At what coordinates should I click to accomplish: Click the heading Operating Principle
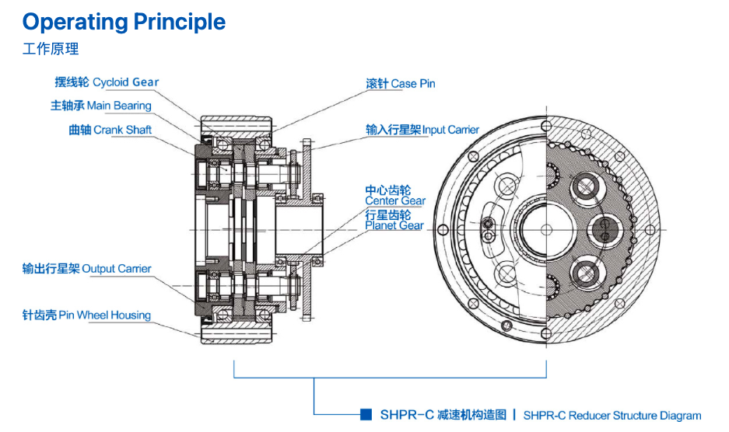(124, 22)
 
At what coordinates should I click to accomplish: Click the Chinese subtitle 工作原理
(51, 49)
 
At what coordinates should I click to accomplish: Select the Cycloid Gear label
(126, 82)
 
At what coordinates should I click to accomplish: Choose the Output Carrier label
(117, 269)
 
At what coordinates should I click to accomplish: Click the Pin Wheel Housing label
(114, 315)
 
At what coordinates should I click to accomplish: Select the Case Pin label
(413, 83)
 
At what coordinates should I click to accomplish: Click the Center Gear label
(395, 201)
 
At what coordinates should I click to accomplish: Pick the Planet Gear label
(394, 225)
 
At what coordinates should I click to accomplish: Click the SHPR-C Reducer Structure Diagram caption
(612, 416)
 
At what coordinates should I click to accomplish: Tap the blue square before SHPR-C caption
(366, 414)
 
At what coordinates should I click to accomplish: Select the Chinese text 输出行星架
(51, 269)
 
